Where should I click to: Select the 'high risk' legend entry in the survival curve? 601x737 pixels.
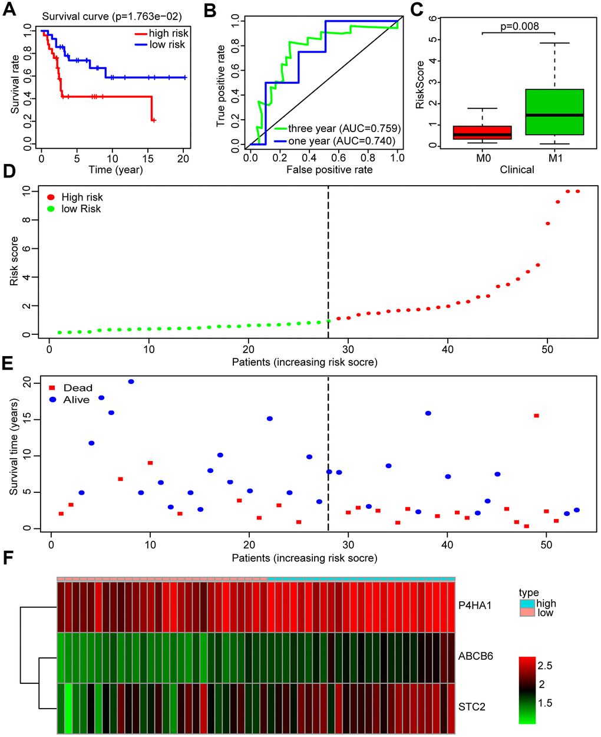(167, 34)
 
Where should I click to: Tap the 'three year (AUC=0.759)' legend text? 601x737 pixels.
(344, 129)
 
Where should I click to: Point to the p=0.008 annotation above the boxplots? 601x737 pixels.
(519, 26)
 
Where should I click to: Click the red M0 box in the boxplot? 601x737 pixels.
(482, 133)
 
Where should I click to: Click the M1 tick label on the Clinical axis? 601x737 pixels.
(555, 158)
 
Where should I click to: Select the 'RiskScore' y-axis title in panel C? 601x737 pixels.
(420, 84)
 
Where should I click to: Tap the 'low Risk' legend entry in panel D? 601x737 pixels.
(81, 209)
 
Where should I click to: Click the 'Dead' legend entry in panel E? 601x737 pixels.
(77, 387)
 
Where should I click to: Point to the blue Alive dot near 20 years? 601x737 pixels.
(131, 381)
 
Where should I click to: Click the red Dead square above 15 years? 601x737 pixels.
(536, 416)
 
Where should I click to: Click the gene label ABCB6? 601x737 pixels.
(475, 656)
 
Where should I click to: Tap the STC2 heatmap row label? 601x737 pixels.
(471, 706)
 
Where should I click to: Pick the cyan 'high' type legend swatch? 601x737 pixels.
(527, 604)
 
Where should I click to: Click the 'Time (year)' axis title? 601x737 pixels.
(115, 170)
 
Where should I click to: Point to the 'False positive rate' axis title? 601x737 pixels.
(329, 170)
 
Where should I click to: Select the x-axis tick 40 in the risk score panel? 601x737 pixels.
(448, 349)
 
